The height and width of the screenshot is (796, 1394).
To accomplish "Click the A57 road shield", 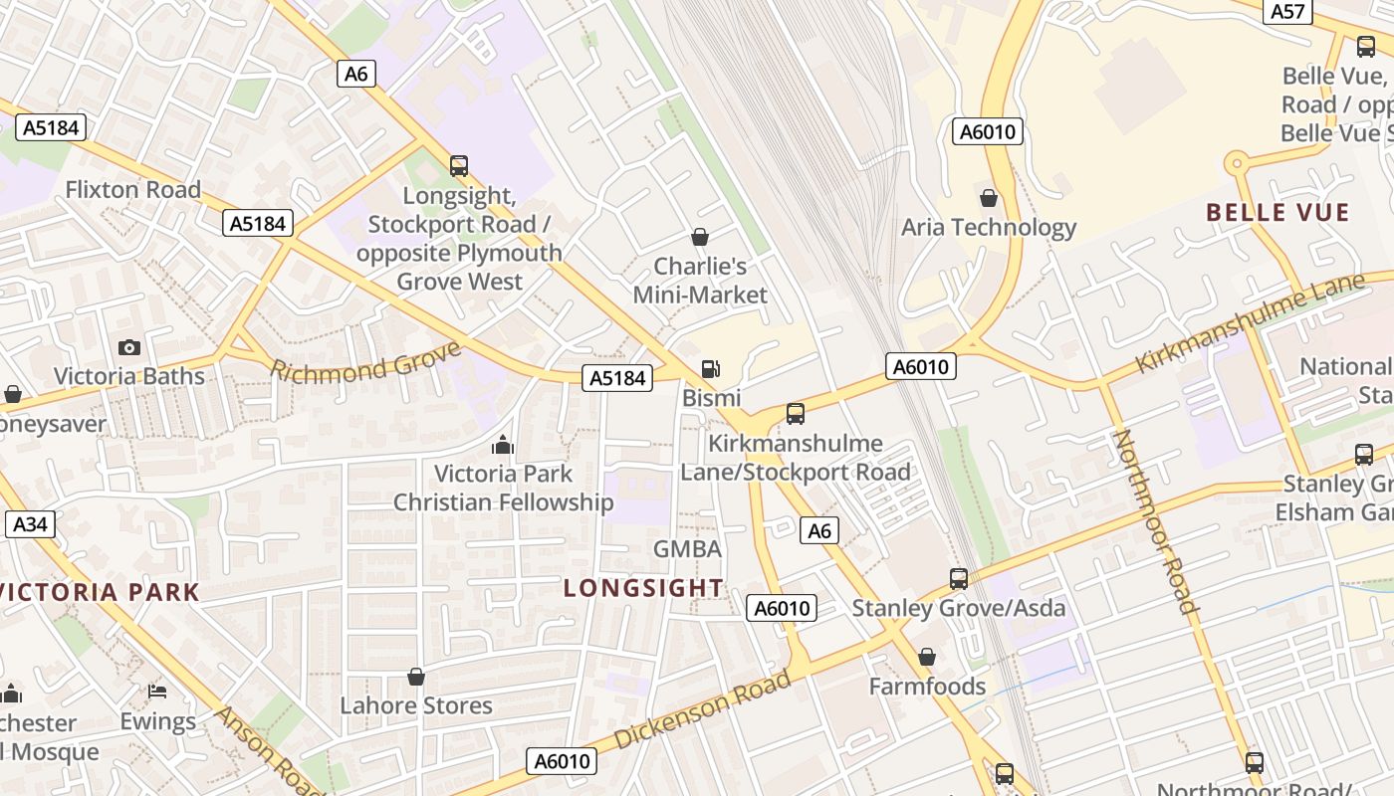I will coord(1287,11).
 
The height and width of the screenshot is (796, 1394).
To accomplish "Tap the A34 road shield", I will coord(30,524).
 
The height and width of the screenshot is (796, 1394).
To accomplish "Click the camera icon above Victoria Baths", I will coord(128,347).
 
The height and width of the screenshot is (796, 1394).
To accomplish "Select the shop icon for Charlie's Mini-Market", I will coord(700,237).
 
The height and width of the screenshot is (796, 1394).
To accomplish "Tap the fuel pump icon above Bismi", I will coord(710,368).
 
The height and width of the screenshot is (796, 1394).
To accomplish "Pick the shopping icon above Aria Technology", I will coord(989,198).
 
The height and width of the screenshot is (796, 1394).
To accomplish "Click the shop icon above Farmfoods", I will coord(927,657).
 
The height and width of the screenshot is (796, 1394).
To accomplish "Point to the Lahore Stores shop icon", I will coord(416,677).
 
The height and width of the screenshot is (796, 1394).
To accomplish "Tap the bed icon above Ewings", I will coord(157,691).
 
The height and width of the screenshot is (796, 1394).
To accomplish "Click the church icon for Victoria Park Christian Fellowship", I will coord(503,444).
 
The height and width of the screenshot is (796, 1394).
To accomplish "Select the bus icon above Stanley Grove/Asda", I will coord(958,578).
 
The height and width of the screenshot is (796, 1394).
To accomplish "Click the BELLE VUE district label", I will coord(1278,212).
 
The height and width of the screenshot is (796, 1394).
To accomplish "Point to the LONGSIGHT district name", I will coord(643,587).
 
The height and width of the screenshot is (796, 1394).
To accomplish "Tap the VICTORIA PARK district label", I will coord(100,592).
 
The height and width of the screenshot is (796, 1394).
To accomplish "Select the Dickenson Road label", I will coord(703,709).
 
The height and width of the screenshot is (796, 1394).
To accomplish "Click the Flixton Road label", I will coord(132,189).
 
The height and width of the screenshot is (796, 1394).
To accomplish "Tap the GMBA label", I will coord(687,548).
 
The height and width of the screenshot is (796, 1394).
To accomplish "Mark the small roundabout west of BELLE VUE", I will coord(1236,162).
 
